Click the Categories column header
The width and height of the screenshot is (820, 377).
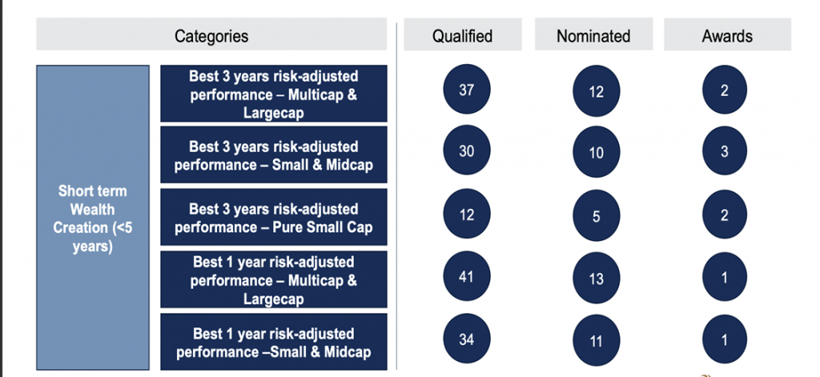(211, 34)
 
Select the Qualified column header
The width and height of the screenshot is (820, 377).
(462, 34)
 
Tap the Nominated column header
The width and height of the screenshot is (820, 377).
(593, 34)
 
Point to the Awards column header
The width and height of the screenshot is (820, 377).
(727, 34)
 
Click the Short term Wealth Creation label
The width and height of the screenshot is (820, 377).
(93, 218)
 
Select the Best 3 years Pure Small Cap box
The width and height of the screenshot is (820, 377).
(274, 217)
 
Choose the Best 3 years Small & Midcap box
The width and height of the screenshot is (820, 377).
(274, 154)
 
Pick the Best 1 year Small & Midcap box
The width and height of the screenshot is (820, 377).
(274, 342)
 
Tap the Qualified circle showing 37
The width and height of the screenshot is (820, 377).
(467, 90)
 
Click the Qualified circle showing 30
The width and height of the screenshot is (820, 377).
(467, 150)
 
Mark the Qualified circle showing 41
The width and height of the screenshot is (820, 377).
(467, 276)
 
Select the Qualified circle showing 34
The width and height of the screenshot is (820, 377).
(467, 339)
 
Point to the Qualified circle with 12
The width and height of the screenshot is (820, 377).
(467, 214)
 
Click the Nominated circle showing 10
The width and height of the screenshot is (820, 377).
(596, 152)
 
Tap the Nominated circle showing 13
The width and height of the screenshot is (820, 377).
(596, 279)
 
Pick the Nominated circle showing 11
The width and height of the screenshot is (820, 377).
(596, 341)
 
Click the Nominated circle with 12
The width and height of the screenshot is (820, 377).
(596, 91)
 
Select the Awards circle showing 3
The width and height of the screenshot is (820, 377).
(724, 151)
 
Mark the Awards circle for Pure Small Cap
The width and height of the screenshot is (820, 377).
(724, 215)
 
